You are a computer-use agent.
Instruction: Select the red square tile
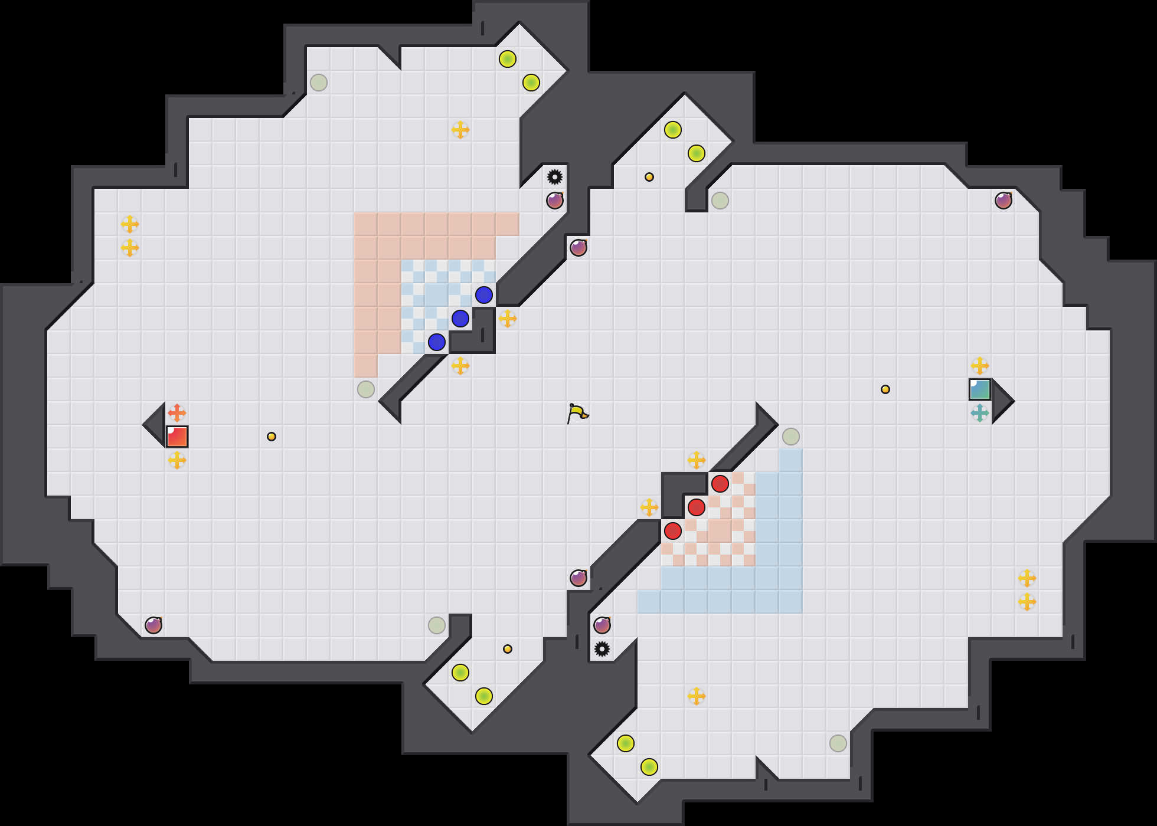point(177,437)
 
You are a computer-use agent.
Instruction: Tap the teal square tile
point(980,389)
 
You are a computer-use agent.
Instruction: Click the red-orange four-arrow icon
point(177,413)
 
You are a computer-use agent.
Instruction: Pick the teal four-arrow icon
point(980,413)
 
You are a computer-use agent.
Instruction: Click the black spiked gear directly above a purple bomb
point(555,177)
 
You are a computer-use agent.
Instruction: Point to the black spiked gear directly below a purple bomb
point(602,649)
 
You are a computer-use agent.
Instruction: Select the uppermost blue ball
point(484,295)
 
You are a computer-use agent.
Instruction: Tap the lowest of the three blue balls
point(437,342)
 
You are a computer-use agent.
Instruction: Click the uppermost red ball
point(720,484)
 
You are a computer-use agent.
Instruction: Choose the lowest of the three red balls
point(673,531)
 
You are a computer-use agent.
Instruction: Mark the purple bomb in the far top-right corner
point(1004,201)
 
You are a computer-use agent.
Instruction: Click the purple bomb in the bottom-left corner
point(153,625)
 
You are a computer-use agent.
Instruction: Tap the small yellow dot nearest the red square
point(272,437)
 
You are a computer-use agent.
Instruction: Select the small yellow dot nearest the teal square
point(885,389)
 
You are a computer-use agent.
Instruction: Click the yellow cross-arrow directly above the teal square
point(980,366)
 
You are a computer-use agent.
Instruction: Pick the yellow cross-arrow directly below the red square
point(177,460)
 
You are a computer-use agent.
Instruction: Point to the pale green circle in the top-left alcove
point(319,83)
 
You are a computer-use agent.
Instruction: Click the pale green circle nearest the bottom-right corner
point(838,743)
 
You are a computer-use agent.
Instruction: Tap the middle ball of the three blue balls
point(460,319)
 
